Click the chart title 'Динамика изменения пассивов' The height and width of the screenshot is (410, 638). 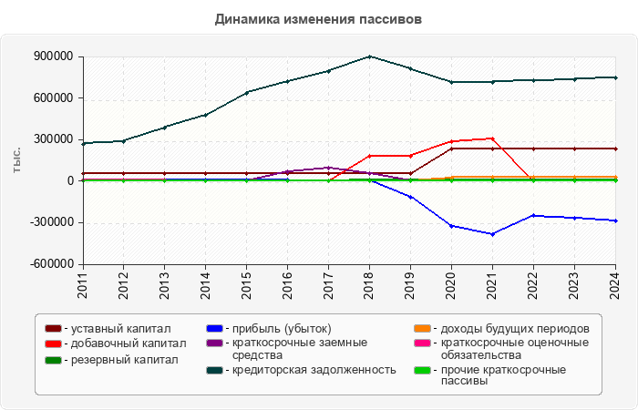[x=319, y=18]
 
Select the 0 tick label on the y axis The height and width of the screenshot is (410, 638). [x=69, y=181]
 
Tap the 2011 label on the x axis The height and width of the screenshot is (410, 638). [x=83, y=284]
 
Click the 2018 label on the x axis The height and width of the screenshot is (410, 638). [x=369, y=284]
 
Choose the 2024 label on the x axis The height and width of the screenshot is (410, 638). [x=614, y=284]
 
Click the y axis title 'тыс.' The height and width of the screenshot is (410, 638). [x=16, y=159]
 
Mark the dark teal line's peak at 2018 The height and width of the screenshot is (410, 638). [x=369, y=56]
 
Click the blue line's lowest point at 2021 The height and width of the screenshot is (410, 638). [x=492, y=234]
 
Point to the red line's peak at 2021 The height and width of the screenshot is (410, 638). [x=492, y=138]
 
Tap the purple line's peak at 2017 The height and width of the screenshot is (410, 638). [x=328, y=168]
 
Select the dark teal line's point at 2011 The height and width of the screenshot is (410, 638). [x=83, y=143]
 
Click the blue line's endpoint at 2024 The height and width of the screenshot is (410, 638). [x=614, y=220]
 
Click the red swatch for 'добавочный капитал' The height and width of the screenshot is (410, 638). [x=54, y=343]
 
